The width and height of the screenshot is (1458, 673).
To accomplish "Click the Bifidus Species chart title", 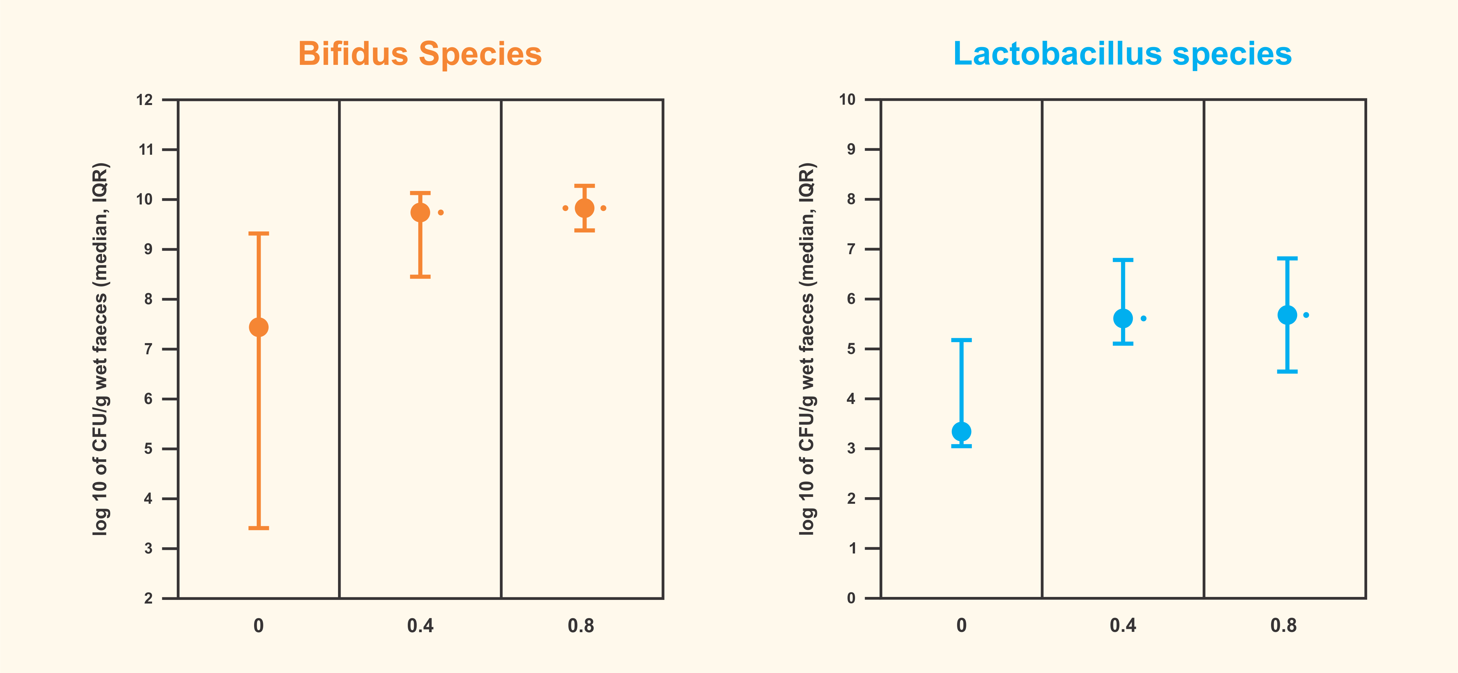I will tap(420, 54).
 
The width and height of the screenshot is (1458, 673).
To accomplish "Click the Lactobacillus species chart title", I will tap(1122, 54).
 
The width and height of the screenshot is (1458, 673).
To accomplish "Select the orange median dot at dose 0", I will tap(259, 327).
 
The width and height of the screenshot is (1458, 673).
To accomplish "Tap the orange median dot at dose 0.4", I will tap(420, 213).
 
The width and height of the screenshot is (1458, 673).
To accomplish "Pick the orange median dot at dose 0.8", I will tap(585, 208).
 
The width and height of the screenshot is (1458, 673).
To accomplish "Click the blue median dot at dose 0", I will tap(961, 431).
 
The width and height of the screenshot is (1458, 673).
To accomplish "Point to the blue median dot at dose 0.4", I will tap(1123, 318).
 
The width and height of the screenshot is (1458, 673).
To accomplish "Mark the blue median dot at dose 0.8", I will tap(1287, 315).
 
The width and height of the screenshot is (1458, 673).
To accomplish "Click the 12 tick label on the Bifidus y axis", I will tap(145, 100).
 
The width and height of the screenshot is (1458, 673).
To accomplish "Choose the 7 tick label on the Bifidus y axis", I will tap(148, 349).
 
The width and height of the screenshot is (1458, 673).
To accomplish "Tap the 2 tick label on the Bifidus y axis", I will tap(148, 598).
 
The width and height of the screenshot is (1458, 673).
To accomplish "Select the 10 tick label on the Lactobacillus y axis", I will tap(847, 100).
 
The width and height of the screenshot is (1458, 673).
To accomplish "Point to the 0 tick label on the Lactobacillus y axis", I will tap(851, 598).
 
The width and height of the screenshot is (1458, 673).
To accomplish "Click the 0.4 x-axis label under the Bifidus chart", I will tap(420, 626).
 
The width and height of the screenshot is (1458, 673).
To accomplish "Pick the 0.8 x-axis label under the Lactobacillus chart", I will tap(1284, 626).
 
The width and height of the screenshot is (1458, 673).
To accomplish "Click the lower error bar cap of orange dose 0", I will tap(259, 528).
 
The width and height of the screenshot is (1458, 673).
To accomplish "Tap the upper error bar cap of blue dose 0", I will tap(961, 340).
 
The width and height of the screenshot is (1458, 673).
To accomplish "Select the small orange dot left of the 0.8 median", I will tap(565, 208).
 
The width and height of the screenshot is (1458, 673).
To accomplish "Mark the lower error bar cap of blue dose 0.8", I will tap(1287, 371).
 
